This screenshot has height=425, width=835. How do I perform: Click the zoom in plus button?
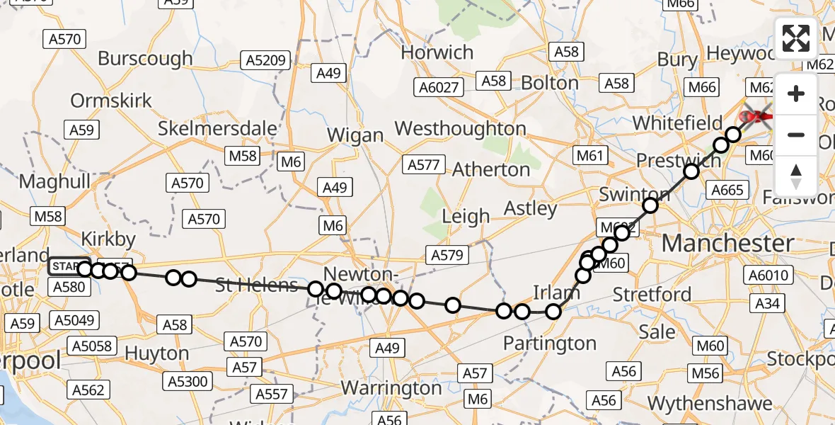(796, 94)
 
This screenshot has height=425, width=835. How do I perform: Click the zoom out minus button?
(796, 135)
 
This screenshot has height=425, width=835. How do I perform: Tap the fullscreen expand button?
(796, 38)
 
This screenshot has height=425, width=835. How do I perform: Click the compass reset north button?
(796, 175)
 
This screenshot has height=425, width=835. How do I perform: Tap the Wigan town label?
(356, 135)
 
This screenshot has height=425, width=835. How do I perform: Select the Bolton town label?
(549, 83)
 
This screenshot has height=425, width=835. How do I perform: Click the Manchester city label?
(727, 244)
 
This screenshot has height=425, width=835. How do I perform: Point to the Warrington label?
(391, 388)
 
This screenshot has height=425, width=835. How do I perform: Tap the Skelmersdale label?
(217, 128)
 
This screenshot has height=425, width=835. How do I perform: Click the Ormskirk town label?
(111, 101)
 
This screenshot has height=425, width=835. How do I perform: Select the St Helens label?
(256, 285)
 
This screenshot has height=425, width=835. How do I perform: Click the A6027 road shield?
(439, 87)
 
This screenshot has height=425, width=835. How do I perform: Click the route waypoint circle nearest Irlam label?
(553, 310)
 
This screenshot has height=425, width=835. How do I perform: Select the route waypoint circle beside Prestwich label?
(691, 171)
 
